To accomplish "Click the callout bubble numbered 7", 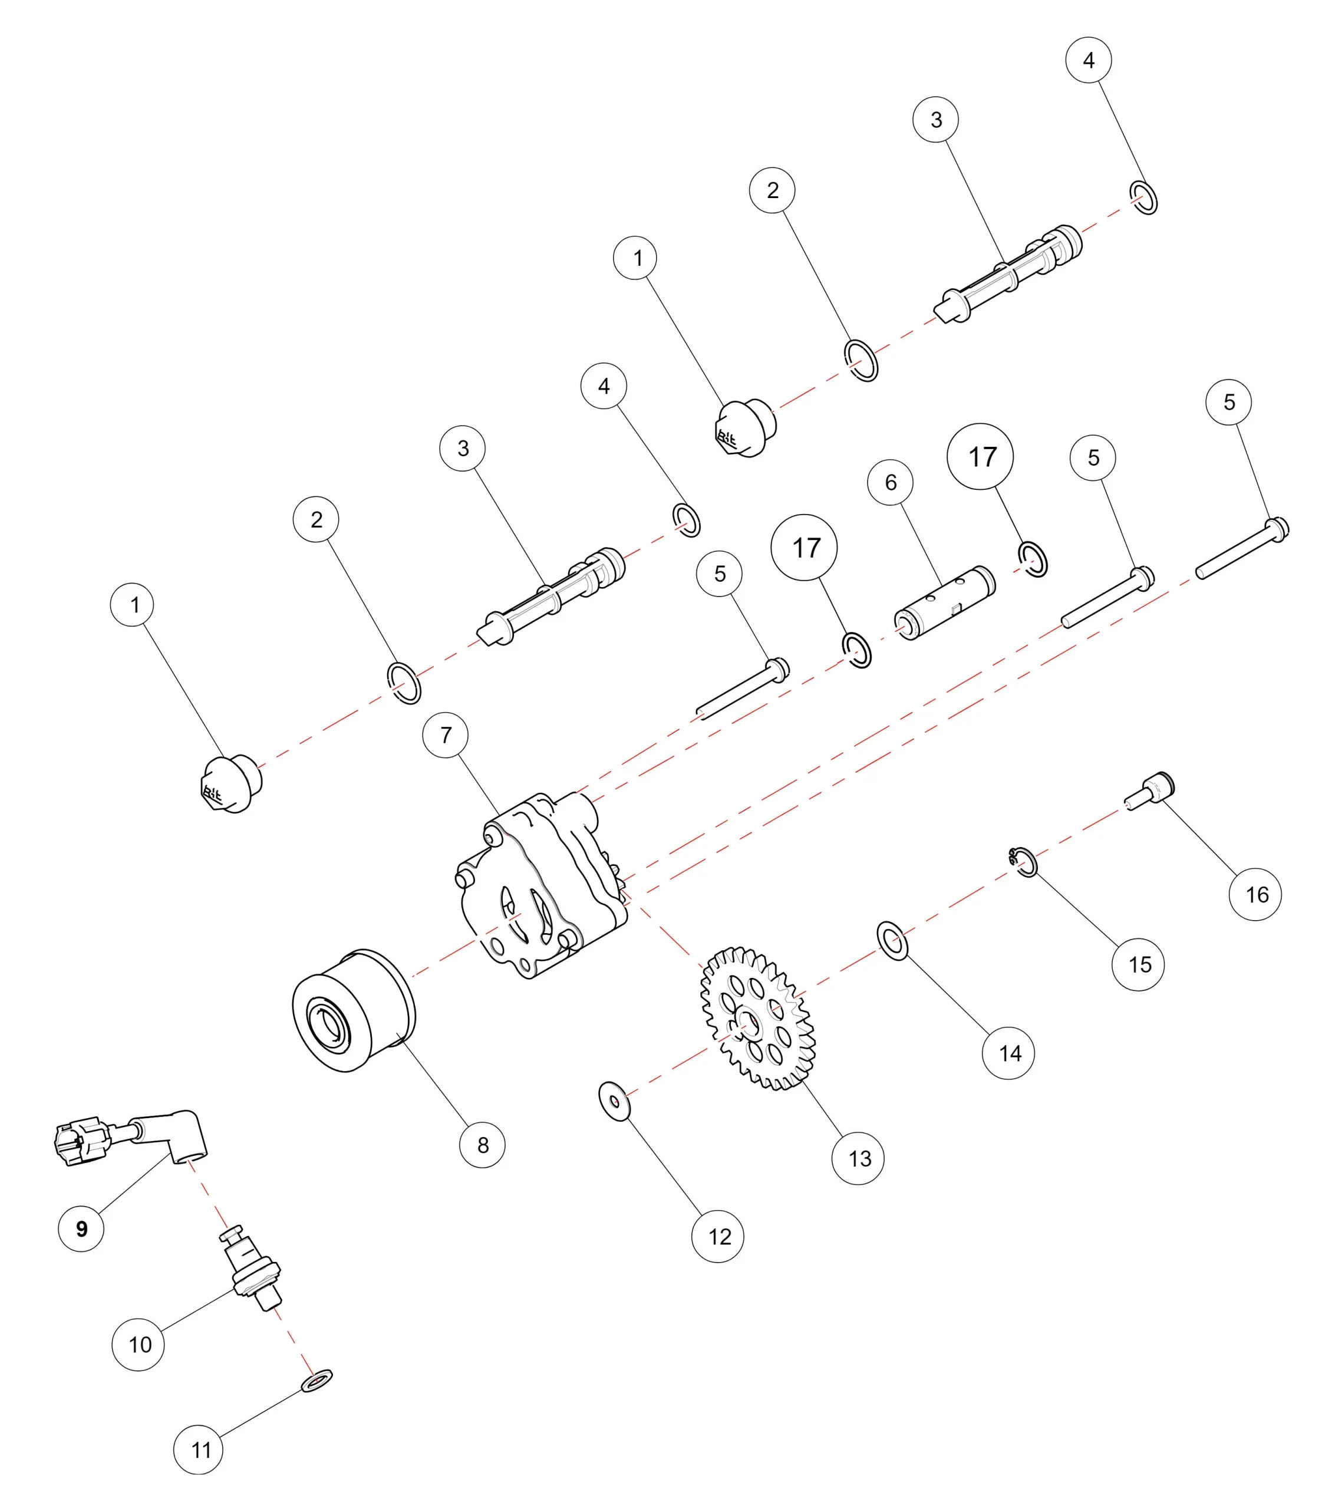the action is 445,734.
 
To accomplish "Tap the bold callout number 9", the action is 81,1228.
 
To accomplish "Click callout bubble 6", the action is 891,482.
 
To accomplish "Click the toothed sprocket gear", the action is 757,1019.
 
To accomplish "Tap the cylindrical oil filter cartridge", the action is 354,1010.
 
